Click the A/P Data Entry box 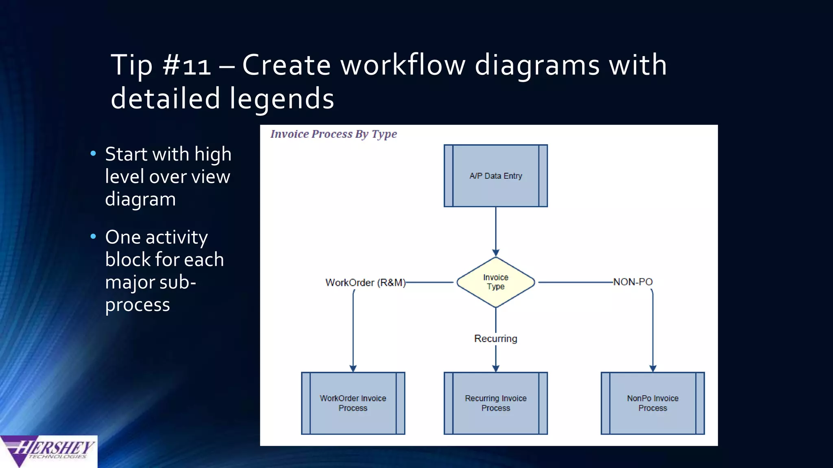tap(495, 176)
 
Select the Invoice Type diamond tap(495, 282)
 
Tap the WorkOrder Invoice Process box tap(353, 403)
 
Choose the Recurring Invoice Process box tap(495, 403)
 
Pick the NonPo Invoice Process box tap(652, 403)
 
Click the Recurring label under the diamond tap(495, 338)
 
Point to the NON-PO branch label tap(632, 282)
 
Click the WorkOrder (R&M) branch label tap(365, 282)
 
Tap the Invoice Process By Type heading tap(334, 134)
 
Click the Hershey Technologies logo tap(49, 451)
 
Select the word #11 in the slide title tap(187, 65)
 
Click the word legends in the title tap(281, 99)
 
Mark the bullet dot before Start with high tap(93, 154)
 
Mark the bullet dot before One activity tap(93, 236)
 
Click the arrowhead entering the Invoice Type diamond tap(495, 253)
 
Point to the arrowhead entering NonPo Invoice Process tap(652, 368)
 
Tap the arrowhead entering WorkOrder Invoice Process tap(353, 368)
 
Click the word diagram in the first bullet tap(140, 199)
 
